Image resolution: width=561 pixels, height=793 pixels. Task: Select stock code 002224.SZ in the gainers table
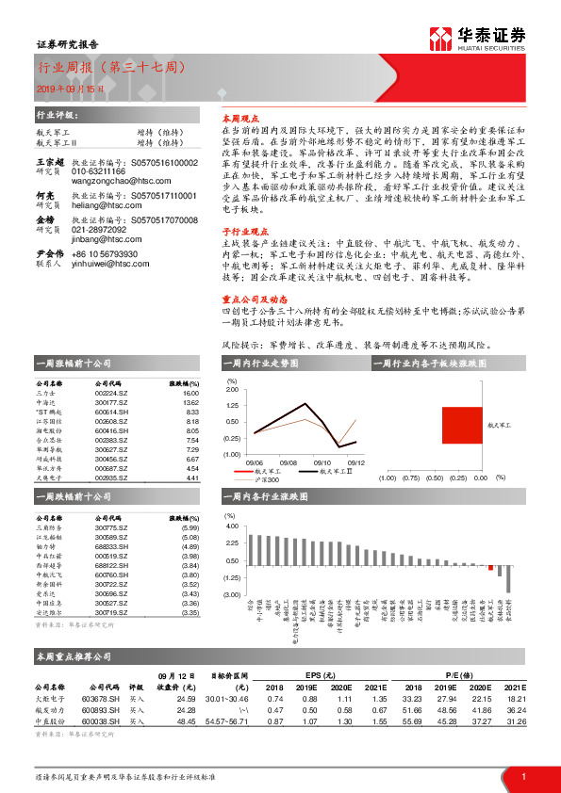(111, 394)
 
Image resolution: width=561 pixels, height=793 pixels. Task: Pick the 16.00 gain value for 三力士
(190, 394)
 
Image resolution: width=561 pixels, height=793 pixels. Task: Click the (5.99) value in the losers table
(189, 528)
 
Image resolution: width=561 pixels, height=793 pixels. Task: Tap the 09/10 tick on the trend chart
(321, 462)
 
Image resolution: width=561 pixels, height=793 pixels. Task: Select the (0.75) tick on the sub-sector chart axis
(411, 477)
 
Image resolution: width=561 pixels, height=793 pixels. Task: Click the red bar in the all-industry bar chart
(490, 568)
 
